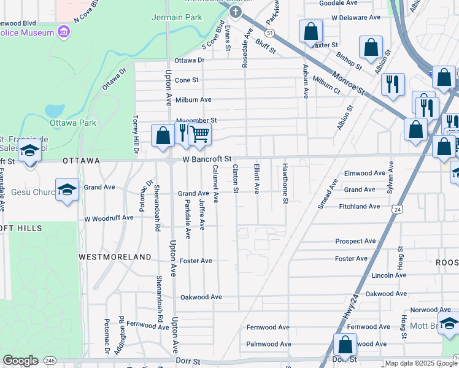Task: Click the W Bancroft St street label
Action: coord(206,159)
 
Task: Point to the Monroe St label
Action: coord(349,82)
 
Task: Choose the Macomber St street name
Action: coord(196,121)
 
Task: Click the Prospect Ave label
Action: coord(355,241)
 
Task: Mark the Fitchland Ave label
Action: coord(360,207)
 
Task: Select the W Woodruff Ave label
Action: coord(109,218)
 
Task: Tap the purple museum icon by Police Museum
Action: coord(63,31)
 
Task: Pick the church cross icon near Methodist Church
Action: coord(234,12)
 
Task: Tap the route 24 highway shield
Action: coord(398,210)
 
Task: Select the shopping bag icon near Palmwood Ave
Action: coord(345,345)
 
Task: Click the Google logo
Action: coord(20,361)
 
